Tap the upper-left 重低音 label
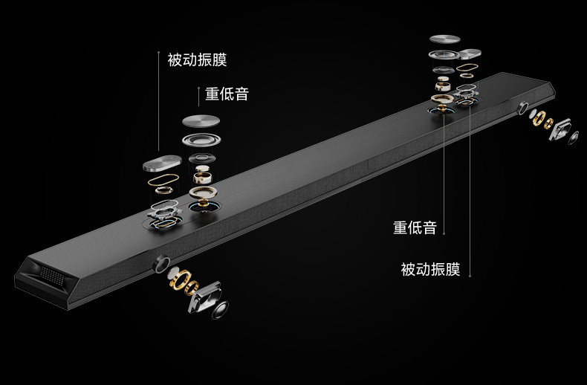[227, 95]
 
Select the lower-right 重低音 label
[415, 228]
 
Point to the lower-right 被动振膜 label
[430, 269]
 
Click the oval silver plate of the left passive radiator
[162, 165]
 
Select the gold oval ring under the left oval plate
[163, 181]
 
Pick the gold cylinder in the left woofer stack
[201, 175]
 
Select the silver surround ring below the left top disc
[201, 140]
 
